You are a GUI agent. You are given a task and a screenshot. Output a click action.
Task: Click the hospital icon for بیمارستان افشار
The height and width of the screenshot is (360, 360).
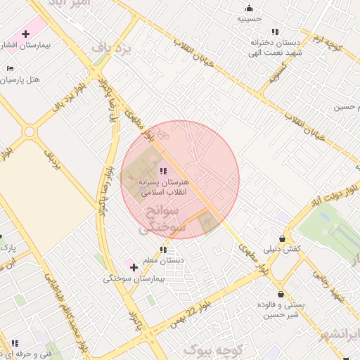pos(26,34)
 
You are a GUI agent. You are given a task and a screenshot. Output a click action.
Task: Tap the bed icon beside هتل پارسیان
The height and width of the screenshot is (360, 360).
pos(10,68)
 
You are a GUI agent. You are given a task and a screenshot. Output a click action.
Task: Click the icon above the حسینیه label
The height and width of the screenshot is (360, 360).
pos(249,8)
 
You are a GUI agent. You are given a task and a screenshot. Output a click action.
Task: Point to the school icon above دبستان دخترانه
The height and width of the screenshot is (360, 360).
pos(275,32)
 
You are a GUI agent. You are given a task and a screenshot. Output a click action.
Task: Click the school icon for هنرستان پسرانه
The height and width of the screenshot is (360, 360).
pos(163,170)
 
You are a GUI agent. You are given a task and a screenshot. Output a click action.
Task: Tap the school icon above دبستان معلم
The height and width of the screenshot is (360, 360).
pos(163,250)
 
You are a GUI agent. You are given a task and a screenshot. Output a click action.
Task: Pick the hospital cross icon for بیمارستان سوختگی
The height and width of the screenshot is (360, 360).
pos(134,267)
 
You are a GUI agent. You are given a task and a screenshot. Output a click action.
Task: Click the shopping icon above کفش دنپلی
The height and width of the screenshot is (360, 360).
pos(282,239)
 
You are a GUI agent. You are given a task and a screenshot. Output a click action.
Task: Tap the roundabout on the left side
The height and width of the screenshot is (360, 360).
pos(30,131)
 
